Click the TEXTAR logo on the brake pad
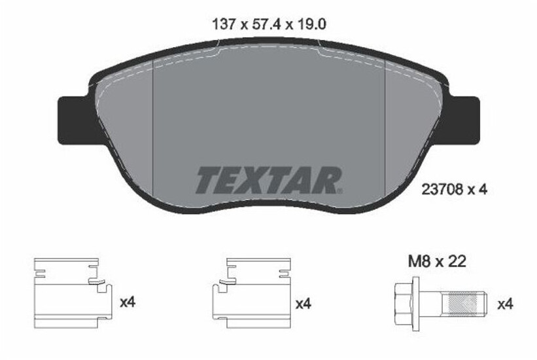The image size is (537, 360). pos(268,179)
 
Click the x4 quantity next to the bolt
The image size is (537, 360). pos(504,304)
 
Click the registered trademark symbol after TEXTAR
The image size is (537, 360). pos(339,190)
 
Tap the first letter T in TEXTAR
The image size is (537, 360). pos(208,180)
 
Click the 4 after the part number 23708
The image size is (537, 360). pos(483,190)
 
